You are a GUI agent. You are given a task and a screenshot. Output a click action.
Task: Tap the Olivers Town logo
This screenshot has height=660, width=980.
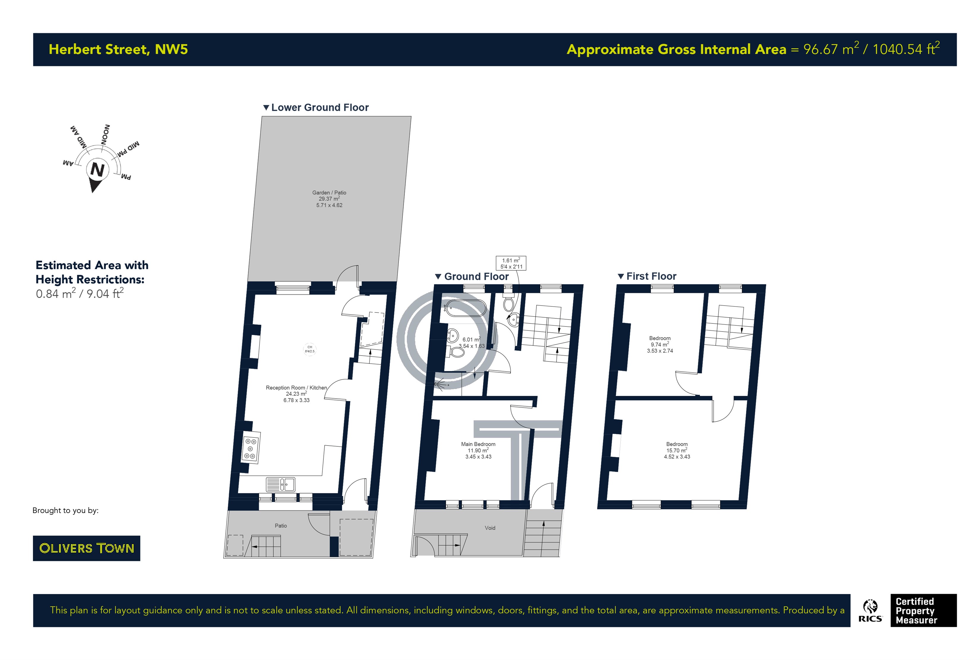[x=86, y=548]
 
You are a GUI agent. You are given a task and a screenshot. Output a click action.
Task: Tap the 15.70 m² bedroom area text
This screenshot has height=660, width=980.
[x=676, y=450]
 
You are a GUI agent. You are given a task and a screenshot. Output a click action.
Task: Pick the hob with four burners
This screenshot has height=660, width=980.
[x=250, y=448]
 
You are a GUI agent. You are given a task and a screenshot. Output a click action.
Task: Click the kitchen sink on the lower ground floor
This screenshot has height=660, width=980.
[x=281, y=484]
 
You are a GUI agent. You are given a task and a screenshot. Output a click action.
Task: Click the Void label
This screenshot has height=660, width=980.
[x=490, y=528]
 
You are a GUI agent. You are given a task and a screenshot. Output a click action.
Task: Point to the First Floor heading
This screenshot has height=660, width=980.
[x=647, y=276]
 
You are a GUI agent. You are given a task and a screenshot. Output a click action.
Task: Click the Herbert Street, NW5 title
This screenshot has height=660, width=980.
[x=118, y=49]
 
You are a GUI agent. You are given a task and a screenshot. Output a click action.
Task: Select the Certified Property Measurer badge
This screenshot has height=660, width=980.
[x=924, y=611]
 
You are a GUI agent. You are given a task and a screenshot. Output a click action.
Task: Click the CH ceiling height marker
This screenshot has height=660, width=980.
[x=310, y=349]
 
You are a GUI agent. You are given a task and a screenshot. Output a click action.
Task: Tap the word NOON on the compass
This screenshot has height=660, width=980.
[x=106, y=134]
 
